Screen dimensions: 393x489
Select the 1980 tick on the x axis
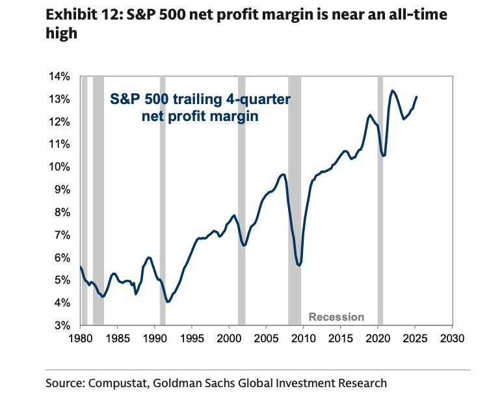pyautogui.click(x=80, y=339)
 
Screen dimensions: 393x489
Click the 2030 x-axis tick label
pyautogui.click(x=452, y=339)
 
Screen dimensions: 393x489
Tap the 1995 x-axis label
pyautogui.click(x=192, y=339)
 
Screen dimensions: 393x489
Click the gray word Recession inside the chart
pyautogui.click(x=336, y=317)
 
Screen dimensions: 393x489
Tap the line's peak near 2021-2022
pyautogui.click(x=393, y=91)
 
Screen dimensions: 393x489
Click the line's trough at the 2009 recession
pyautogui.click(x=298, y=265)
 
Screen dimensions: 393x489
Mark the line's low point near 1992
pyautogui.click(x=168, y=302)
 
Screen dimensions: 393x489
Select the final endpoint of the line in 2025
pyautogui.click(x=417, y=97)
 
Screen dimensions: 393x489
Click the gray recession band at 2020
pyautogui.click(x=380, y=195)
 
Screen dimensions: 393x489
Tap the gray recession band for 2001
pyautogui.click(x=241, y=195)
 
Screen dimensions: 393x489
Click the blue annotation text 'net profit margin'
pyautogui.click(x=200, y=116)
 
